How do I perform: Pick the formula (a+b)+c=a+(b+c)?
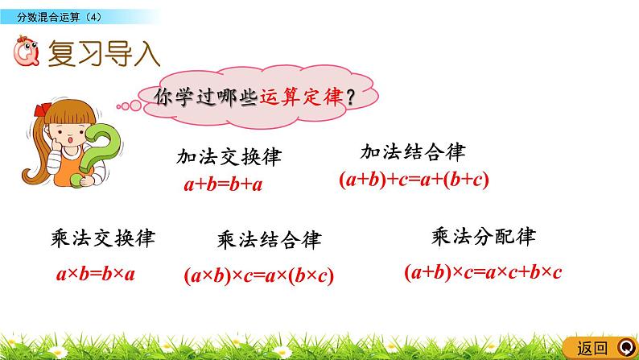click(x=414, y=180)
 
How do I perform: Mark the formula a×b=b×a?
click(x=96, y=274)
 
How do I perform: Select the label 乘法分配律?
click(x=483, y=237)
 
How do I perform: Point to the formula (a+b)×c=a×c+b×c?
click(x=482, y=272)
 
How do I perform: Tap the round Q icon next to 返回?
click(x=627, y=347)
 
